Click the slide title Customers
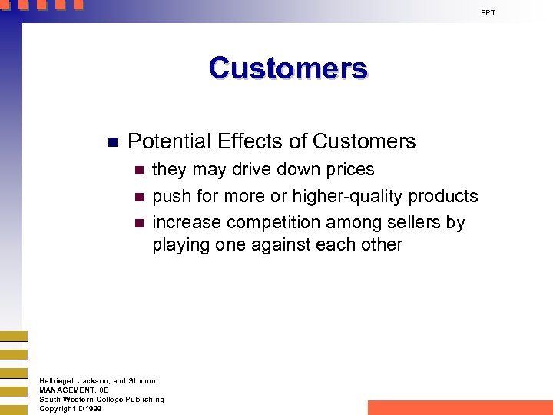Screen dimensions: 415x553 click(x=288, y=68)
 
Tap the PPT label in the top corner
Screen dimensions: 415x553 click(x=488, y=13)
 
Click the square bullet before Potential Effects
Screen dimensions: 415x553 click(x=111, y=142)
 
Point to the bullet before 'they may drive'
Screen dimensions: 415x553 click(x=138, y=170)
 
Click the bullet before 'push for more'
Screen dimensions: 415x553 click(x=138, y=197)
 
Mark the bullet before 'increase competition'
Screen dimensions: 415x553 click(x=138, y=223)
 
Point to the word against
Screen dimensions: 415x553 click(x=282, y=245)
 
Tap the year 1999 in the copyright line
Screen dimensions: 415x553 click(x=94, y=409)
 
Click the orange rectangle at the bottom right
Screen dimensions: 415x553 click(x=460, y=407)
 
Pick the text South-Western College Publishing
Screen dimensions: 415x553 click(x=101, y=400)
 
